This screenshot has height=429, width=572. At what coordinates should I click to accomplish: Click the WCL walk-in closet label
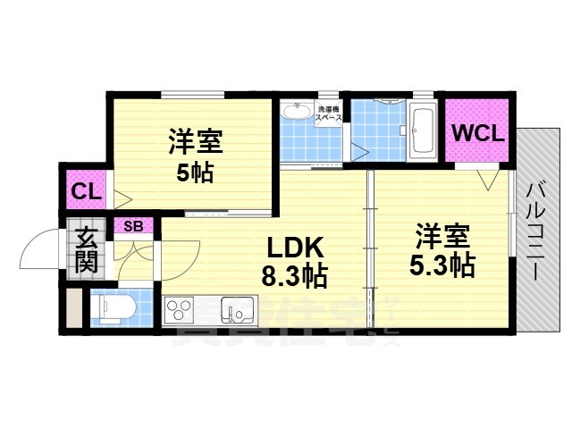[x=478, y=133]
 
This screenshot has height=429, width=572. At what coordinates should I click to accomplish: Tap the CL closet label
[x=86, y=190]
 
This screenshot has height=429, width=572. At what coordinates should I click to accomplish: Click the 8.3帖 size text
[x=293, y=276]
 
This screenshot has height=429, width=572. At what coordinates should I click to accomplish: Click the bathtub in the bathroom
[x=422, y=131]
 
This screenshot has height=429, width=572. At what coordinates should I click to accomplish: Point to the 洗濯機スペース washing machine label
[x=330, y=114]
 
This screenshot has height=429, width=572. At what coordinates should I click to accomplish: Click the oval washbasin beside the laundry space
[x=293, y=114]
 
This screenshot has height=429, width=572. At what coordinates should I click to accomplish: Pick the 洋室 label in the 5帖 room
[x=194, y=141]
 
